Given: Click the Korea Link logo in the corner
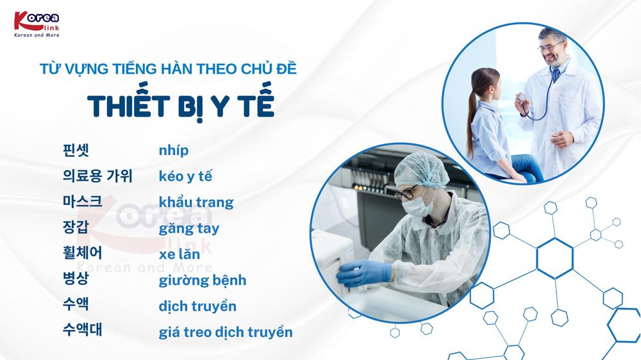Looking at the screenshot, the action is click(37, 24).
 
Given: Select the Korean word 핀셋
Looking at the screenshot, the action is click(76, 150).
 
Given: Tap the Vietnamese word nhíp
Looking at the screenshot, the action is click(173, 151).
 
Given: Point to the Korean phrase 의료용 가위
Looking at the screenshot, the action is click(97, 176).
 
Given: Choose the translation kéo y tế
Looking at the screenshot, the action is click(185, 176).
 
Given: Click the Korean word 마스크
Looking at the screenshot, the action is click(82, 201).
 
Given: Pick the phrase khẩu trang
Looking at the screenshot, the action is click(196, 202).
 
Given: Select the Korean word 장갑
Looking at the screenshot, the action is click(76, 227).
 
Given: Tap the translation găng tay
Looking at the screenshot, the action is click(189, 229).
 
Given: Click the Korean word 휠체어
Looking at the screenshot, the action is click(82, 253).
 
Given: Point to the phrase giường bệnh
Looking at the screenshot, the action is click(203, 281).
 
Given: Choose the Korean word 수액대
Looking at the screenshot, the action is click(82, 329).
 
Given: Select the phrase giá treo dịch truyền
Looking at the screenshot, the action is click(226, 332).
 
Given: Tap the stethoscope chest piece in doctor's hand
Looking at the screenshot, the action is click(521, 97).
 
